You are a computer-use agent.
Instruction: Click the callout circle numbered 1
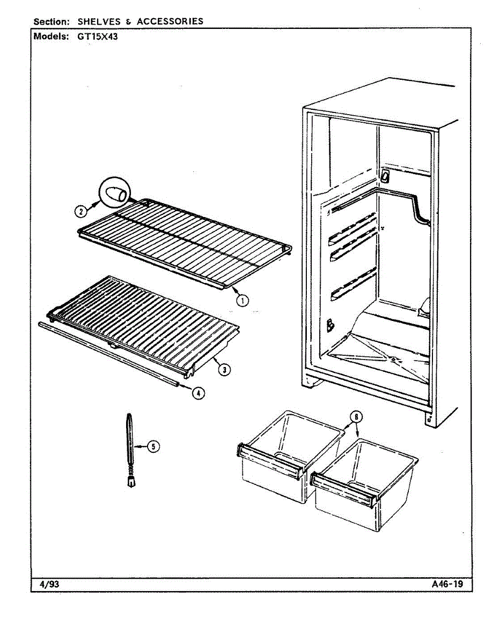coord(243,301)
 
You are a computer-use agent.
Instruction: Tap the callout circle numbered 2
coord(79,211)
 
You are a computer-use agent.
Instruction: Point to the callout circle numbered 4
coord(199,393)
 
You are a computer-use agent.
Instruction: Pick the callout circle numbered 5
coord(154,445)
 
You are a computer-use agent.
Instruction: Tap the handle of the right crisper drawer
coord(344,487)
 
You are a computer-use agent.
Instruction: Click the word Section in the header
coord(52,21)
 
